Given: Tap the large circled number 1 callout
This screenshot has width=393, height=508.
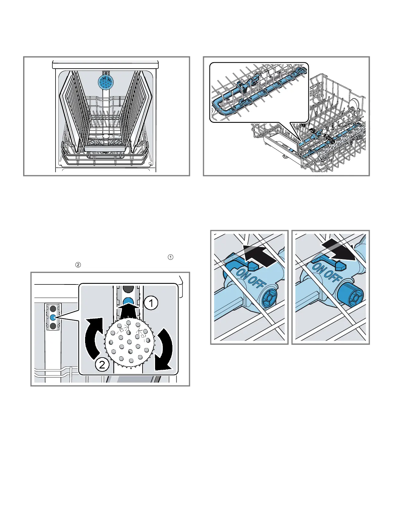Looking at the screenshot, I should [x=151, y=303].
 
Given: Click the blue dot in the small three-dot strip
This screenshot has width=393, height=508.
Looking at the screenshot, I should [x=53, y=317].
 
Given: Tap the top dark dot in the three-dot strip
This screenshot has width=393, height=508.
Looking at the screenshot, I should [x=53, y=309].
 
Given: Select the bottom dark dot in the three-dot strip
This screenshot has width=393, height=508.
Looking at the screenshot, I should [x=53, y=326].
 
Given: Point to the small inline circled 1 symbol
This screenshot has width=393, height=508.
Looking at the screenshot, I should [x=171, y=257].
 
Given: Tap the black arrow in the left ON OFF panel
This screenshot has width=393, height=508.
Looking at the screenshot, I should [x=259, y=255].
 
